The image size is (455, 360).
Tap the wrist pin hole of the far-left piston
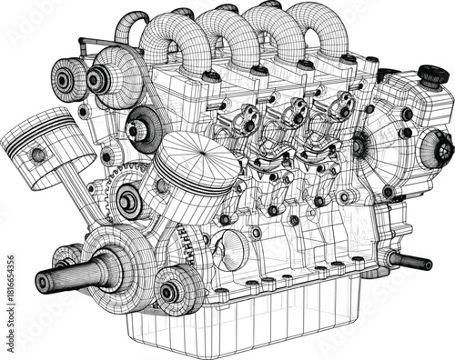[x=38, y=155]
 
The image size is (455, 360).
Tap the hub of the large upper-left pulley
[x=98, y=80]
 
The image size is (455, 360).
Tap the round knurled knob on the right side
[x=444, y=148]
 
